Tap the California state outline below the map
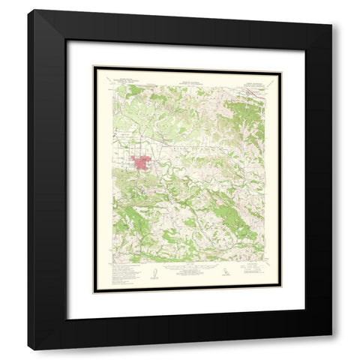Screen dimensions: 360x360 [x=227, y=274]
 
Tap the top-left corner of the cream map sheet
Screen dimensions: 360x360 [x=93, y=67]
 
